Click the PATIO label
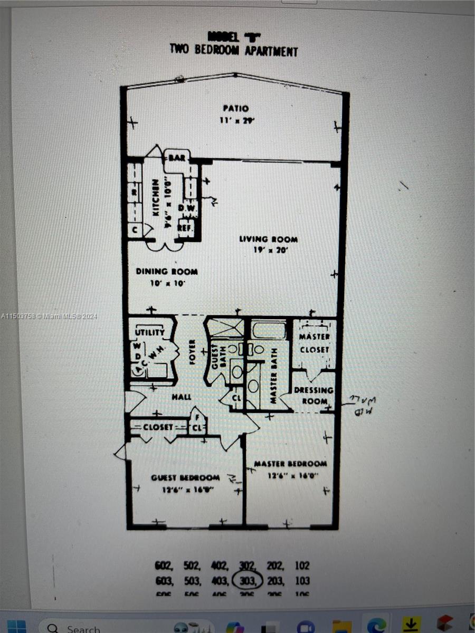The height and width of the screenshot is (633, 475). [x=235, y=108]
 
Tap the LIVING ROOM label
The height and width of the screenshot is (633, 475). [x=268, y=239]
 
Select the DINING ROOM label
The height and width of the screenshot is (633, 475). [x=167, y=272]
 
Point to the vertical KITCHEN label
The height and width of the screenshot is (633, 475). [x=156, y=196]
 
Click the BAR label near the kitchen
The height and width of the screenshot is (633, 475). [x=176, y=157]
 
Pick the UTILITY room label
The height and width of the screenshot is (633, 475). [x=150, y=333]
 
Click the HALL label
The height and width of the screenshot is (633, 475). [x=181, y=397]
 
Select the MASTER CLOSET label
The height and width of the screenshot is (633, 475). [x=314, y=343]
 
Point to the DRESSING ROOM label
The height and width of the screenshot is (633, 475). [x=313, y=395]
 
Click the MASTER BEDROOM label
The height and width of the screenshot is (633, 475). [x=290, y=464]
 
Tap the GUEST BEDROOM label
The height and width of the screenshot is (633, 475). [x=185, y=477]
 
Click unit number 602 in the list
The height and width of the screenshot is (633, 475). [x=164, y=565]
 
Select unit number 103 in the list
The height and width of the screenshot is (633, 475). [x=302, y=581]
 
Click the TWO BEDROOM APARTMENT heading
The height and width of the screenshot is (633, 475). [x=233, y=50]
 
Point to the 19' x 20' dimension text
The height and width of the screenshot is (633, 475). [x=268, y=251]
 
